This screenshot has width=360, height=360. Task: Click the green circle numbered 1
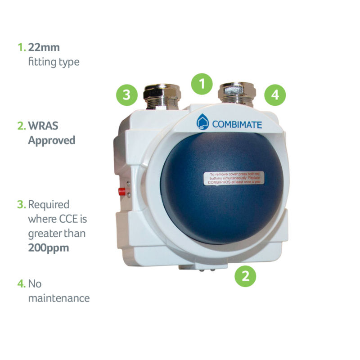[202, 84]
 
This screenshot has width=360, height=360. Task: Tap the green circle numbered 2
[245, 276]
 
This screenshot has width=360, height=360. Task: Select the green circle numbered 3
[127, 95]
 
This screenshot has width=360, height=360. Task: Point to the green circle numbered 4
[275, 95]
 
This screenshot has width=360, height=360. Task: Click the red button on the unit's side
[121, 191]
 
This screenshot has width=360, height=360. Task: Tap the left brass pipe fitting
[162, 96]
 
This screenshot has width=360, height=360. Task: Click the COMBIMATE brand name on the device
[237, 125]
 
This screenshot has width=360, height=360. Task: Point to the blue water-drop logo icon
[203, 121]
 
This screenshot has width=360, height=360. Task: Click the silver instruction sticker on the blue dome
[234, 178]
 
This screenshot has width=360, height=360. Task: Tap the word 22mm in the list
[44, 48]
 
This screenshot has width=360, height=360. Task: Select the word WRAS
[43, 126]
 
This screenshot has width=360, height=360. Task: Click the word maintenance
[59, 298]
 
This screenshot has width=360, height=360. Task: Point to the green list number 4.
[22, 284]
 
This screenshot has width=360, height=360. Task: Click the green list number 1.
[22, 48]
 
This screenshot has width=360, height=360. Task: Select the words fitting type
[54, 62]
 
